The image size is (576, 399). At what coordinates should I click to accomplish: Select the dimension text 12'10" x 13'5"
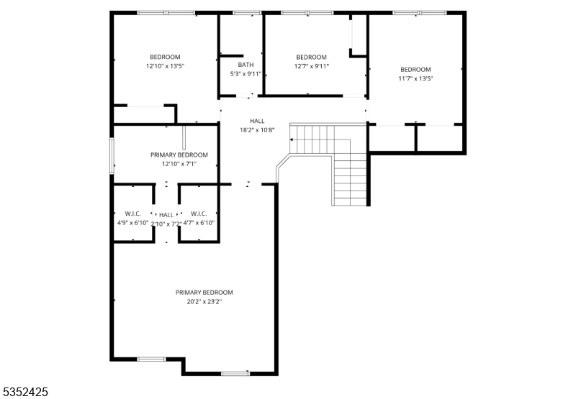(165, 66)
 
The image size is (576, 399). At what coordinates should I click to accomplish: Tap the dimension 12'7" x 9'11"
(311, 66)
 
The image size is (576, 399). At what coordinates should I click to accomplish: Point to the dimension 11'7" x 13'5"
(415, 78)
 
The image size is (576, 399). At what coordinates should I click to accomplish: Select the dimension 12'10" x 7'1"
(179, 164)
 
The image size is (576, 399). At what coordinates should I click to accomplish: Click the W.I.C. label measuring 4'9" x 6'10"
(132, 214)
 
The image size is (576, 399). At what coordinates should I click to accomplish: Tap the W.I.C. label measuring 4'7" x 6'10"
(199, 214)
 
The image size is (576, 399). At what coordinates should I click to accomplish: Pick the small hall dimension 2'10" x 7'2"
(166, 224)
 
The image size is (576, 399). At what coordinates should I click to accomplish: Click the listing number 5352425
(27, 392)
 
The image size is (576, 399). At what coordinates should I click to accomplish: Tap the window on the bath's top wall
(247, 12)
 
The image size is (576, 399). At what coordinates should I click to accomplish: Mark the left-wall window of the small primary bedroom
(112, 156)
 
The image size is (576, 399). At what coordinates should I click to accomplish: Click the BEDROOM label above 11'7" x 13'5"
(415, 70)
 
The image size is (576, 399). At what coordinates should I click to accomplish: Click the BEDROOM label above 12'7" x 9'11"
(311, 58)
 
